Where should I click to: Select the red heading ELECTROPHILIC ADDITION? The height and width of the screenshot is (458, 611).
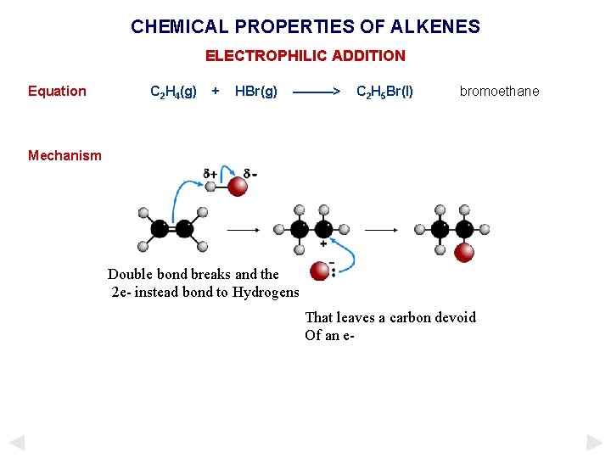[305, 56]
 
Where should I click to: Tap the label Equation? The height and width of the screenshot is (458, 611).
[57, 92]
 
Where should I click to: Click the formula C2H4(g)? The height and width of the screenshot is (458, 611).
[173, 92]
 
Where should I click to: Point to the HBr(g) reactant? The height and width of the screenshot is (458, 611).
[255, 92]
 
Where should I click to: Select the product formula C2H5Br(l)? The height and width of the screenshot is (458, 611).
[384, 92]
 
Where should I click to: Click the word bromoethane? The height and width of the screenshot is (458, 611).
[499, 92]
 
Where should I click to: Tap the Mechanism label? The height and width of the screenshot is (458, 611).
[64, 155]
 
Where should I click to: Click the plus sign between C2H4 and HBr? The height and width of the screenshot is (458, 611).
[216, 91]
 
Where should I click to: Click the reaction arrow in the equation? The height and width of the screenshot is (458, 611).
[317, 92]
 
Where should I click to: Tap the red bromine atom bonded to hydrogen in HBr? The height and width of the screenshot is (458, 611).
[238, 186]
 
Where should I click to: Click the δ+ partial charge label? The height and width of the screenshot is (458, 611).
[210, 174]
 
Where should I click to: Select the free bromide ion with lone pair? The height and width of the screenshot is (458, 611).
[320, 271]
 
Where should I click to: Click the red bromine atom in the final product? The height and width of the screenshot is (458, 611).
[463, 252]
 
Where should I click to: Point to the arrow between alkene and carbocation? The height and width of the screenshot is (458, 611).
[244, 229]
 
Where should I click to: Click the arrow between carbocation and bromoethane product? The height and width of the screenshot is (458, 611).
[381, 229]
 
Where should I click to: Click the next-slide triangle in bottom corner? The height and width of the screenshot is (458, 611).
[595, 442]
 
